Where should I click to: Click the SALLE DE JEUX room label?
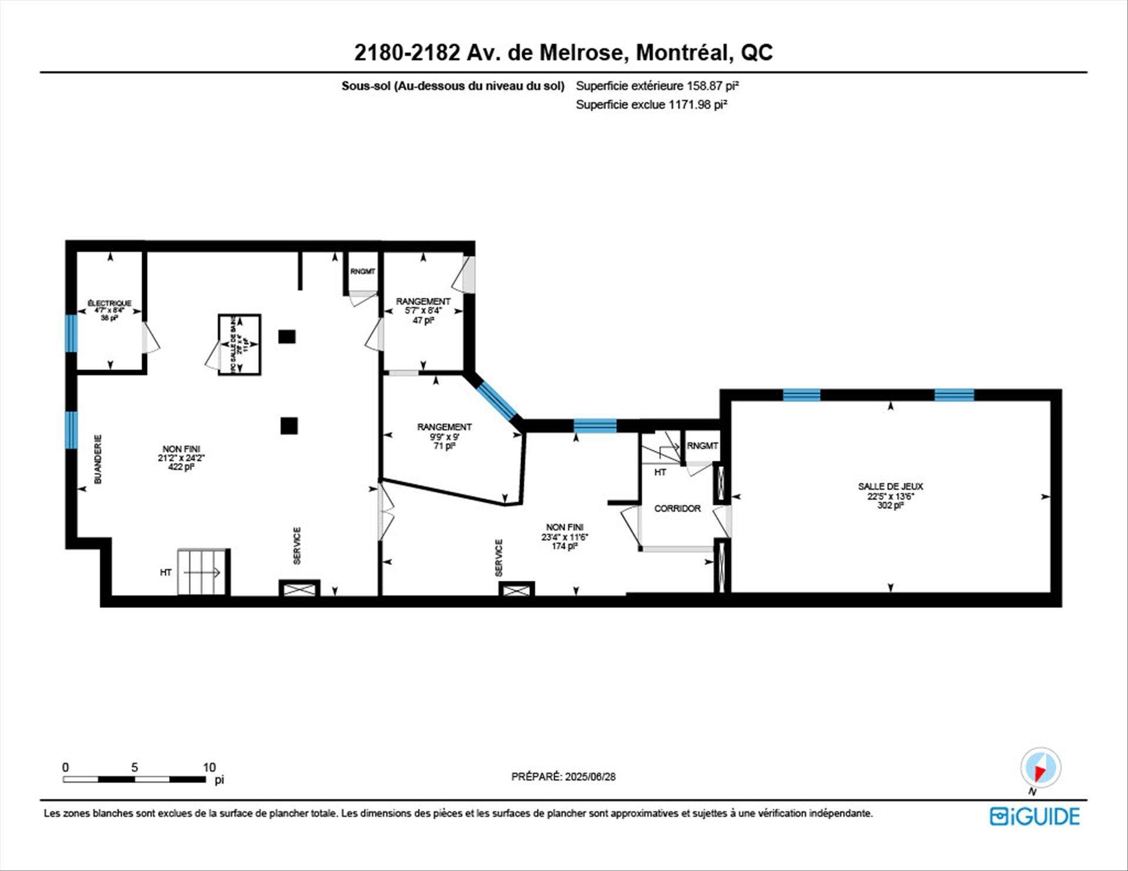pyautogui.click(x=890, y=486)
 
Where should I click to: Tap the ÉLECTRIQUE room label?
pyautogui.click(x=109, y=303)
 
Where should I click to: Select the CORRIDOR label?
pyautogui.click(x=677, y=509)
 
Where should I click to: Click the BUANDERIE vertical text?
pyautogui.click(x=98, y=459)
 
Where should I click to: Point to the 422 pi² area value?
pyautogui.click(x=181, y=468)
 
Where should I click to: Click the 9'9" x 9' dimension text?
pyautogui.click(x=444, y=436)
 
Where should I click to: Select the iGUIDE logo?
pyautogui.click(x=1035, y=816)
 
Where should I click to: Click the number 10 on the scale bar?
pyautogui.click(x=209, y=767)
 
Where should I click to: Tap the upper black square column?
pyautogui.click(x=287, y=337)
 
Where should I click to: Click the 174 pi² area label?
pyautogui.click(x=564, y=546)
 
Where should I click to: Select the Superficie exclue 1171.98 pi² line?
pyautogui.click(x=652, y=105)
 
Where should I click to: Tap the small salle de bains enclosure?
pyautogui.click(x=239, y=345)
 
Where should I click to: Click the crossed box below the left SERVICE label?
pyautogui.click(x=299, y=589)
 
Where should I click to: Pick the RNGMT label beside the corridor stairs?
pyautogui.click(x=702, y=446)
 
